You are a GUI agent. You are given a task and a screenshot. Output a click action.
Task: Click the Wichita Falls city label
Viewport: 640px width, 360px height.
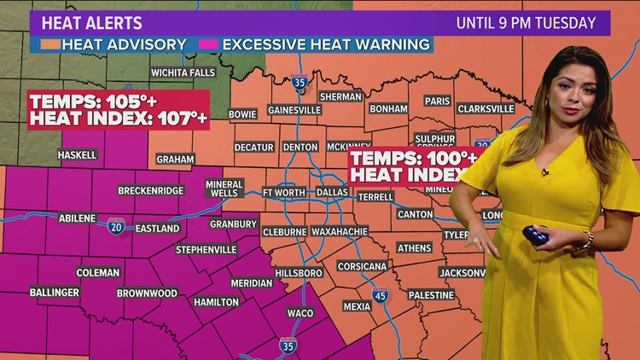click(183, 73)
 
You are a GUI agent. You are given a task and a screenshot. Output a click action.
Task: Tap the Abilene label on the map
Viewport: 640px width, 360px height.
click(77, 218)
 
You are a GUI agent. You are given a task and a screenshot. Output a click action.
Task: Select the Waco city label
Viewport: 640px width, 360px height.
click(300, 313)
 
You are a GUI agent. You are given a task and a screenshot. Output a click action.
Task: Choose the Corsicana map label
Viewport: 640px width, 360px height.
click(362, 265)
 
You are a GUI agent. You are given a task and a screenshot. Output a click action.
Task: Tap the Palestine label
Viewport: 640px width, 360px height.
click(430, 294)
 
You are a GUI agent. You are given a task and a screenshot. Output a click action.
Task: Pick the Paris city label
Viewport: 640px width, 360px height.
click(436, 101)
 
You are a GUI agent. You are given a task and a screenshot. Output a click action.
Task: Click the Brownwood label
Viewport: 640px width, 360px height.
click(147, 293)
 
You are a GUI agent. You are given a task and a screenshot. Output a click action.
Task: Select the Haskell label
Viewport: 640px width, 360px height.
click(77, 155)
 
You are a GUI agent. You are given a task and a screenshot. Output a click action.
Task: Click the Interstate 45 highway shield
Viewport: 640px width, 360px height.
click(379, 296)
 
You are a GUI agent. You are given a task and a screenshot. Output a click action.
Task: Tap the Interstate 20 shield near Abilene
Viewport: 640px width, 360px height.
click(116, 225)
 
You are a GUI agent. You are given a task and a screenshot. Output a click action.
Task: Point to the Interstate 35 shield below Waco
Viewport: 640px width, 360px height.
click(288, 345)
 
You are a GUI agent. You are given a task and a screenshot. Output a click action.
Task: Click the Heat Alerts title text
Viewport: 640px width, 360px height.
click(87, 23)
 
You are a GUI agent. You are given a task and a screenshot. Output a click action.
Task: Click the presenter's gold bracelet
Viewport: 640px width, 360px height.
click(588, 240)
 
